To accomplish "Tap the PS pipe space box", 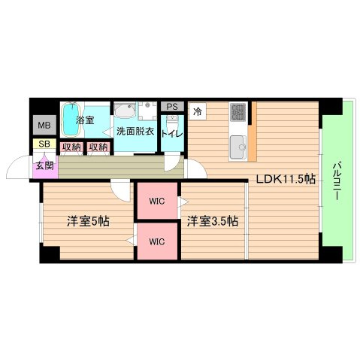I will (172, 107).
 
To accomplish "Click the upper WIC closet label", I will (157, 201).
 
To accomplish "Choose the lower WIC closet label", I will (157, 241).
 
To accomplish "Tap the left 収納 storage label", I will (71, 147).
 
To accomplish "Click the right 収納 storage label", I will (98, 147).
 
